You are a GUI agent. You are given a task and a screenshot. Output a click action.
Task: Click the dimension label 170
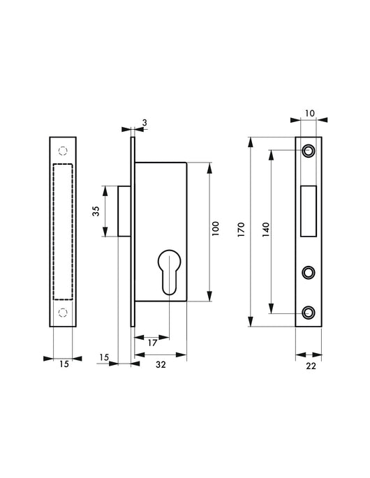241,230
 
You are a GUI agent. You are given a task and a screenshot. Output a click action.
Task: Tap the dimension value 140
266,230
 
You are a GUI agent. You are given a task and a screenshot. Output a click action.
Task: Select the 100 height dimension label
215,229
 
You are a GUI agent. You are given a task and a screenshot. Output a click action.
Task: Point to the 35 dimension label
96,211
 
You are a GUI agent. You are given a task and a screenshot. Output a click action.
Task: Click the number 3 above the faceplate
145,123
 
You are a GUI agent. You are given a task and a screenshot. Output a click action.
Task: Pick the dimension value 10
309,113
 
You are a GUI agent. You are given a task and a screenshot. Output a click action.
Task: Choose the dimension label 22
311,366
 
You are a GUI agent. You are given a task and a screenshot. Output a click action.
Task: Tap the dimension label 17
152,343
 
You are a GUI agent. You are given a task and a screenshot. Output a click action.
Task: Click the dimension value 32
161,364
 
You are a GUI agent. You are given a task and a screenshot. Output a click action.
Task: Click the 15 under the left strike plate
64,364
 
